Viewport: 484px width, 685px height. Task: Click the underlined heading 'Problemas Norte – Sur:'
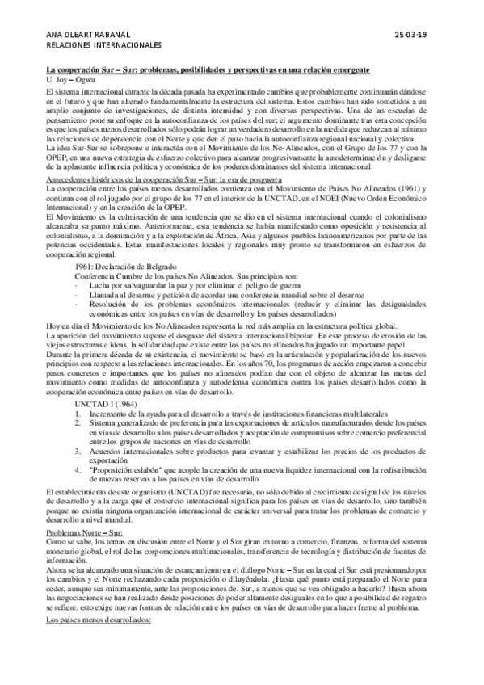tap(84, 535)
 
